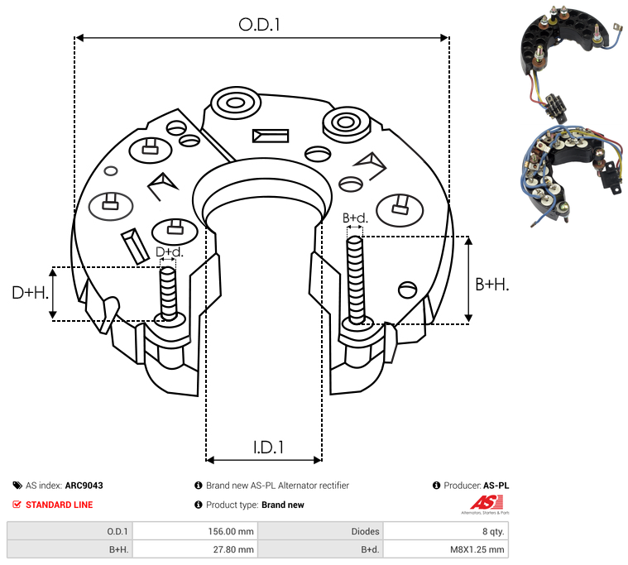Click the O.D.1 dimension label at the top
(260, 25)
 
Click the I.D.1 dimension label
(268, 448)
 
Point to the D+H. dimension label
(31, 292)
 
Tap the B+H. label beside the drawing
(491, 284)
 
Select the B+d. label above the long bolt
(354, 218)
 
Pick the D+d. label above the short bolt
(169, 251)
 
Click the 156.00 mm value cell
(234, 531)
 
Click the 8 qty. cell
(488, 531)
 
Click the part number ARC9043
(84, 486)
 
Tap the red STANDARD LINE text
(60, 505)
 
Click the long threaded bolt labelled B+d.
(357, 281)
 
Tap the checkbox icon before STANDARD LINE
(17, 505)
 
